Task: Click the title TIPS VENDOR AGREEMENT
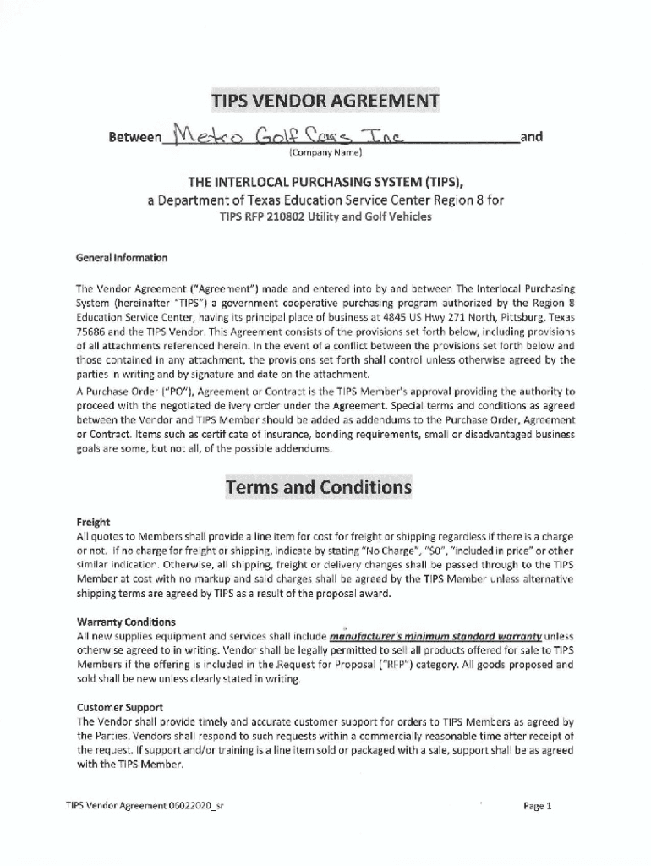pos(325,102)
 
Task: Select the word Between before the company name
pos(135,136)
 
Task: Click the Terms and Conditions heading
pos(318,488)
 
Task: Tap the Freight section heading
pos(93,522)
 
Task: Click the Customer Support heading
pos(120,707)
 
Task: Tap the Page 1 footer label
pos(537,806)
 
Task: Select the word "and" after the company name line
pos(532,136)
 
